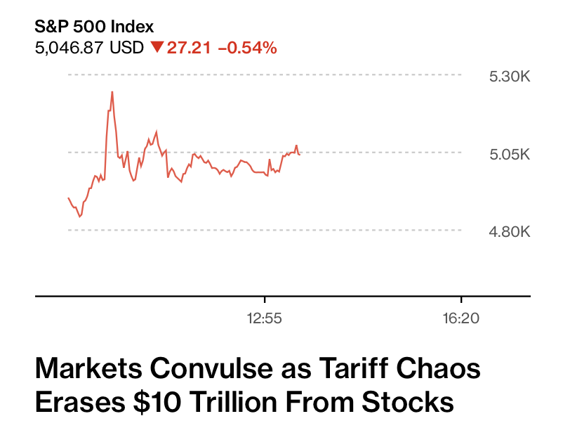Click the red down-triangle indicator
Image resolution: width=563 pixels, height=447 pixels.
pyautogui.click(x=157, y=48)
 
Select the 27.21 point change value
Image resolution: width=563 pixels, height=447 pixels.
pyautogui.click(x=190, y=48)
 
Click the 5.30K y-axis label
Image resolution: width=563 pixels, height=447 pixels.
pyautogui.click(x=509, y=76)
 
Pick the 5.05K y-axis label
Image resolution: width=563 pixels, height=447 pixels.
pyautogui.click(x=509, y=154)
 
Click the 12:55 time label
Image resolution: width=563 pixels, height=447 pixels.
pyautogui.click(x=264, y=318)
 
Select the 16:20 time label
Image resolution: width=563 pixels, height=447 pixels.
pyautogui.click(x=461, y=318)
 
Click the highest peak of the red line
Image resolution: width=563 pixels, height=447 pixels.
pyautogui.click(x=112, y=91)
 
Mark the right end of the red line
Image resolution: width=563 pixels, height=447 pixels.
pyautogui.click(x=300, y=154)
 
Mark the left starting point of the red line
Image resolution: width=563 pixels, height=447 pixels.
pyautogui.click(x=68, y=198)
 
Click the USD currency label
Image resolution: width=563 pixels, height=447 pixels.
pyautogui.click(x=128, y=48)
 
